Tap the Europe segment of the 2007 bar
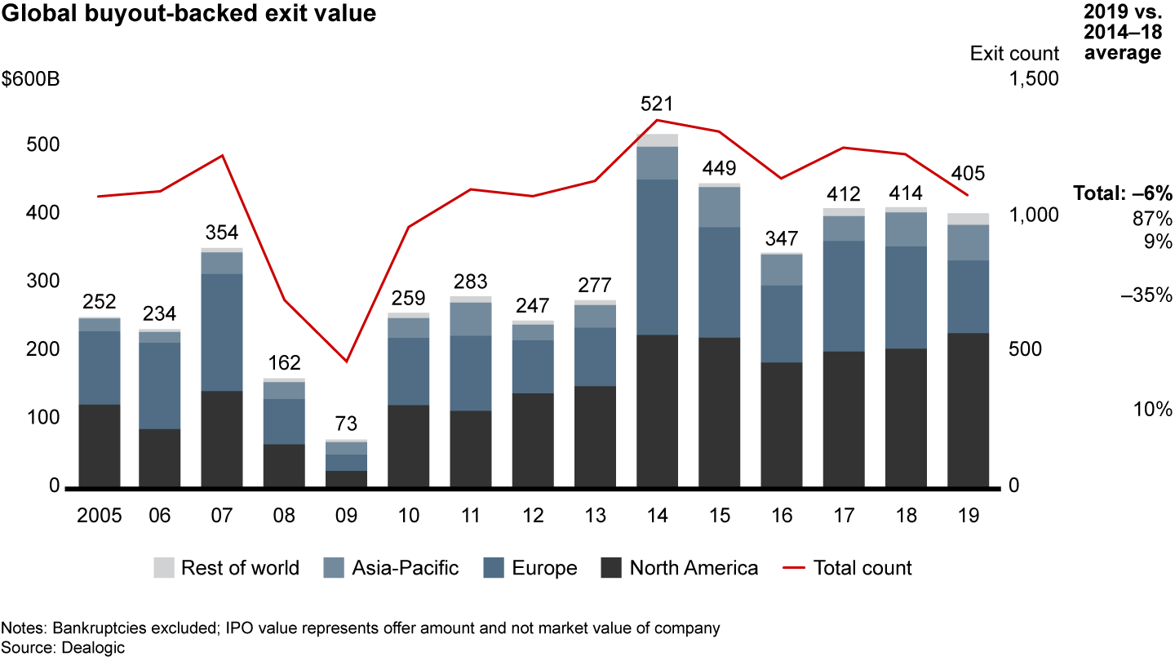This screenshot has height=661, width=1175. click(222, 332)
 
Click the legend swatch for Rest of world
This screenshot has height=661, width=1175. click(164, 568)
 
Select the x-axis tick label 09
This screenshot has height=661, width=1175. click(346, 516)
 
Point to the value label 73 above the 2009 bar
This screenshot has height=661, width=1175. click(346, 424)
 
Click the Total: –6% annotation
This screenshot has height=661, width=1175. click(1122, 194)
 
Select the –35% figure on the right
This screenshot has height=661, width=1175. click(1146, 295)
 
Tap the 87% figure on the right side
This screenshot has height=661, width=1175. click(1152, 219)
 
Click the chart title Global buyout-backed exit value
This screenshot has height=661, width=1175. click(188, 15)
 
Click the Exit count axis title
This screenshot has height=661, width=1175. click(1014, 54)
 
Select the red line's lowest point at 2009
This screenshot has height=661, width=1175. click(346, 362)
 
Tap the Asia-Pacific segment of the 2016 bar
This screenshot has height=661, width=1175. click(782, 270)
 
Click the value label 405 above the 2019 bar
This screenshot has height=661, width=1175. click(968, 173)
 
